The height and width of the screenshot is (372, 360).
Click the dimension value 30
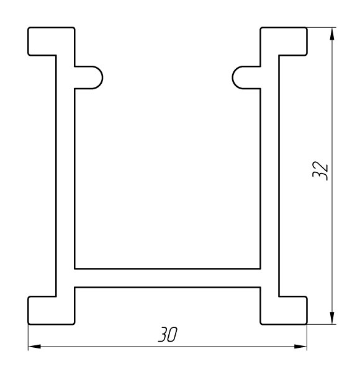point(168,335)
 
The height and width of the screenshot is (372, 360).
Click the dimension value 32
point(320,170)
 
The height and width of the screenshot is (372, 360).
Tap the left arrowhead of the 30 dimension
point(34,347)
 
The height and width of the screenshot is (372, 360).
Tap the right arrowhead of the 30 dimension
point(300,347)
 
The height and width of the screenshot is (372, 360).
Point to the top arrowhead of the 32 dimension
point(332,34)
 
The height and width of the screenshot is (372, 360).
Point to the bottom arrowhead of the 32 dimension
point(332,317)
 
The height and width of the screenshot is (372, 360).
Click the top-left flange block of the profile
point(51,42)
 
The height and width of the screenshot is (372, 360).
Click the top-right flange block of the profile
point(284,42)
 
